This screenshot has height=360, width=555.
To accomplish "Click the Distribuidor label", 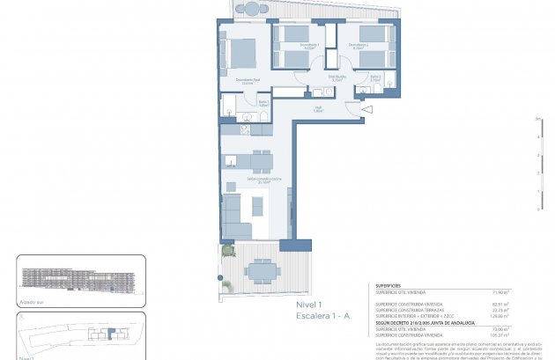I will (x=312, y=77).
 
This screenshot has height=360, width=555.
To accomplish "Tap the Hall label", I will (x=319, y=109).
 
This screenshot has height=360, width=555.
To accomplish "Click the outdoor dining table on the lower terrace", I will (x=261, y=268).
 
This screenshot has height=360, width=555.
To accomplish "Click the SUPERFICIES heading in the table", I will (x=389, y=285).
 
